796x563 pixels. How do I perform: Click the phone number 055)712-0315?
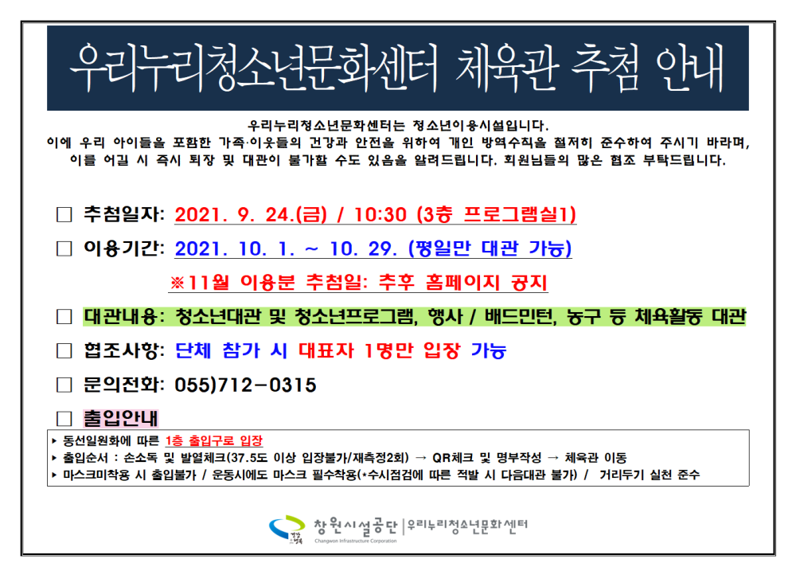244,385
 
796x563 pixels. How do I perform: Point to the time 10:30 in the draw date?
381,215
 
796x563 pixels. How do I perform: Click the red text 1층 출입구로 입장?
215,440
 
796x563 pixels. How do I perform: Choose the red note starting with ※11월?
359,283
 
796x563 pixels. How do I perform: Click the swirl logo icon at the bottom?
287,527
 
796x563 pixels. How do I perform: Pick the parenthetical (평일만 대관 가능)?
489,249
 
